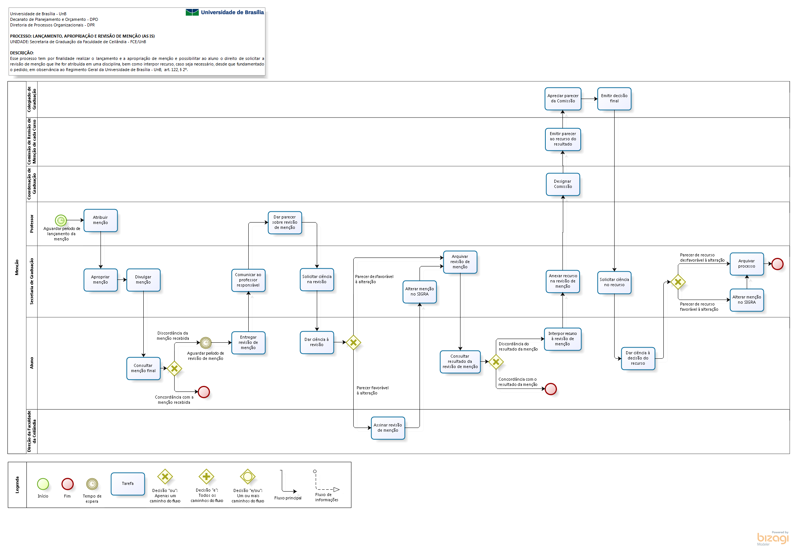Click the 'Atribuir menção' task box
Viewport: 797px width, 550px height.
pos(101,220)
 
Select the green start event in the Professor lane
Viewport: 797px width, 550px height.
pos(61,220)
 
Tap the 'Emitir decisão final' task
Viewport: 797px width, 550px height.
pos(614,99)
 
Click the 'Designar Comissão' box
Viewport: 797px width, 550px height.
pos(563,184)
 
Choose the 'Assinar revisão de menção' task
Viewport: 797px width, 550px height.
pos(388,428)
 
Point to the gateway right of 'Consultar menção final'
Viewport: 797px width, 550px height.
pos(174,368)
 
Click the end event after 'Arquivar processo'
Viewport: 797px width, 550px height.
pos(777,264)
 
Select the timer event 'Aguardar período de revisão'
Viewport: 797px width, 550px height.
pos(205,342)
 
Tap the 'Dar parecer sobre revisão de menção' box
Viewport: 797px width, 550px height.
pos(285,223)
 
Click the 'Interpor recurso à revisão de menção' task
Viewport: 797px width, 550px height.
pos(562,339)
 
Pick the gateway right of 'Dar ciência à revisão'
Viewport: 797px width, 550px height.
pos(353,342)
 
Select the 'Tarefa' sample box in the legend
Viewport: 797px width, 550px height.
pos(128,484)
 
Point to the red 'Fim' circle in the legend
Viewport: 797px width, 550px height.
pos(67,484)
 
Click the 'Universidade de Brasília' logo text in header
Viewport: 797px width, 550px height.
pos(232,12)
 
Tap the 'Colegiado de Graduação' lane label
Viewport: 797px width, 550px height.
pos(32,99)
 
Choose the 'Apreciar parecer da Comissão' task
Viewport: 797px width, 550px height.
pos(563,99)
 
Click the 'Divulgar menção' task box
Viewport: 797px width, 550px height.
pos(143,280)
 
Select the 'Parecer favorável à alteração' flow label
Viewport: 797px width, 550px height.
pos(372,390)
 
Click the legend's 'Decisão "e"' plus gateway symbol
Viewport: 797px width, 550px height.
pos(206,476)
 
